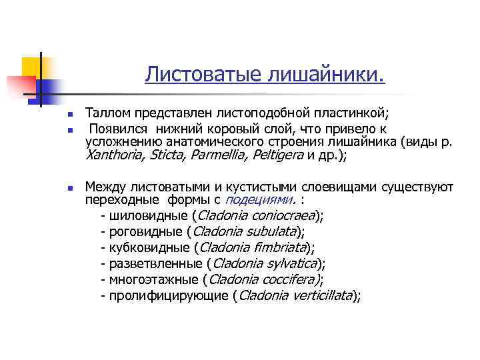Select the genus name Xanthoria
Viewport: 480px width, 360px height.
[115, 155]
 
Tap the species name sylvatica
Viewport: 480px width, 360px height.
[290, 264]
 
